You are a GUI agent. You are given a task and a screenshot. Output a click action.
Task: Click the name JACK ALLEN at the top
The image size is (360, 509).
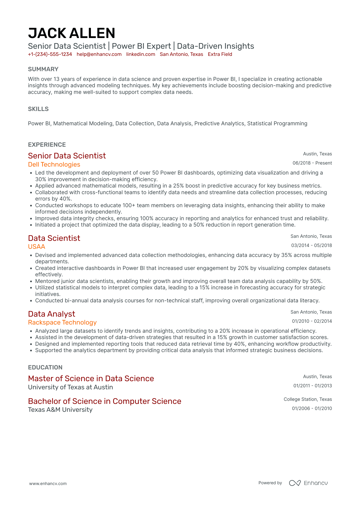click(71, 33)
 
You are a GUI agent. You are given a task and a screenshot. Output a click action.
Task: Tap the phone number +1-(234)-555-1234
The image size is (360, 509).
click(50, 54)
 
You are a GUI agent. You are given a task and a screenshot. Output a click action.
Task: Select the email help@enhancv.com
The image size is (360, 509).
click(99, 54)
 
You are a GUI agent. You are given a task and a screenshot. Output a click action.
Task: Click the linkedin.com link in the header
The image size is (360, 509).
click(141, 54)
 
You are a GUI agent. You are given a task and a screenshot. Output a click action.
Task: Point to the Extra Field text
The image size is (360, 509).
click(220, 54)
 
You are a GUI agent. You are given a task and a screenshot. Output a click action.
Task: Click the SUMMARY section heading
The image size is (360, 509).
click(43, 69)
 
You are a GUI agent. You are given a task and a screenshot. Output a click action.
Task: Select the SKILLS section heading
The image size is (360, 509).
click(38, 109)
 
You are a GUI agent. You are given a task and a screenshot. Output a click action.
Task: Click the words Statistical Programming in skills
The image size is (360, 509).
click(277, 123)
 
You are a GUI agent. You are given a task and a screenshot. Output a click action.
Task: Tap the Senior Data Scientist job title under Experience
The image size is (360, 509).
click(67, 156)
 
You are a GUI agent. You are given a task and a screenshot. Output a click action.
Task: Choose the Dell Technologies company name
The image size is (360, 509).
click(54, 165)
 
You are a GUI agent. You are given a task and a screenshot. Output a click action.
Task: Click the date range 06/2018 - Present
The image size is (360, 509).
click(312, 163)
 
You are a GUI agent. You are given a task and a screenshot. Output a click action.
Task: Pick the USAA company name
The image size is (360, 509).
click(37, 247)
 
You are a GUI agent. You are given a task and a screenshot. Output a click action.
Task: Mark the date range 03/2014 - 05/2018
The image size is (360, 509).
click(311, 245)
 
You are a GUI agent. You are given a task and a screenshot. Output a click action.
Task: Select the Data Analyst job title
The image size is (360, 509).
click(52, 314)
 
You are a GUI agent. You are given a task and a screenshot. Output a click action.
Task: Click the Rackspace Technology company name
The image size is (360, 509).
click(62, 322)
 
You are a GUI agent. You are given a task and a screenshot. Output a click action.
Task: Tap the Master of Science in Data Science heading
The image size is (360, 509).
click(91, 378)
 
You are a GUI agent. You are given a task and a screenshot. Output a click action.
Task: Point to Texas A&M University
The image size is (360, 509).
click(60, 410)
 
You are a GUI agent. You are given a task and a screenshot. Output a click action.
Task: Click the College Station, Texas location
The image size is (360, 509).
click(308, 399)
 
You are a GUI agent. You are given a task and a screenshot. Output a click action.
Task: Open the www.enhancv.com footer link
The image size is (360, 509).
click(48, 483)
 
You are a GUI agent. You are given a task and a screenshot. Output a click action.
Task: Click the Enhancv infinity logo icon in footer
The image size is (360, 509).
click(295, 483)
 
